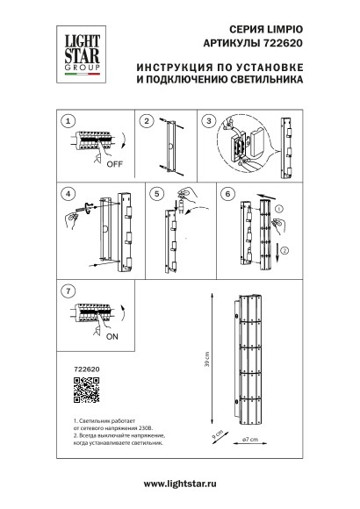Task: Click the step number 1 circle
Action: click(70, 119)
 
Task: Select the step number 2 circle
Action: click(147, 119)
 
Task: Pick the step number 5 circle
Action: click(156, 192)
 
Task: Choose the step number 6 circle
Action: click(227, 192)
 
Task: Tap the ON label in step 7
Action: click(112, 334)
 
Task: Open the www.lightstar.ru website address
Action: click(180, 484)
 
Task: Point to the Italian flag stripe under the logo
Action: click(76, 75)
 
